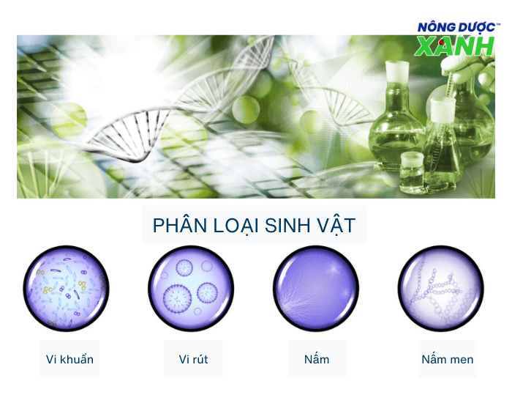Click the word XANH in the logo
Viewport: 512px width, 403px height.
454,45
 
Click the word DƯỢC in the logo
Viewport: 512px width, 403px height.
475,27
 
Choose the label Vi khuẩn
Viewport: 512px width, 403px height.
69,359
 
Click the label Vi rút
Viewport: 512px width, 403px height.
194,359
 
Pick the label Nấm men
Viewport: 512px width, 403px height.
447,359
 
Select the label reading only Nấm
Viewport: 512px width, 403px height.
317,359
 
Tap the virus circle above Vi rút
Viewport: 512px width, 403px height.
191,288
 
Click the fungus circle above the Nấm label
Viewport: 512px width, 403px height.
316,288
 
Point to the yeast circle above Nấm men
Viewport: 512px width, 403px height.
441,288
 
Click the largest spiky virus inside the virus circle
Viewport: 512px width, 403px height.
177,297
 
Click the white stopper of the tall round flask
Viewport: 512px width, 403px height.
396,70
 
